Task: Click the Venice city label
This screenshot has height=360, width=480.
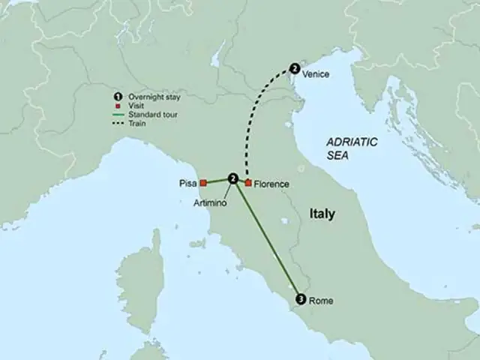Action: [x=317, y=74]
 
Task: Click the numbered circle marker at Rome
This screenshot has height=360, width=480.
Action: [x=301, y=298]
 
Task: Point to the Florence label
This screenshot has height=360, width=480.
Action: [x=271, y=183]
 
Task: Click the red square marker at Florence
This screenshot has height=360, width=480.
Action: [x=248, y=182]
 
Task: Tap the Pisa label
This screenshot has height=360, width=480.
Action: [x=188, y=182]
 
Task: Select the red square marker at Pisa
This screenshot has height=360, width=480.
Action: [x=202, y=181]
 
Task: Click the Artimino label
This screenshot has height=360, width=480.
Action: [x=208, y=202]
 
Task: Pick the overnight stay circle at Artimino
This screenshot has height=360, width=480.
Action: [x=233, y=178]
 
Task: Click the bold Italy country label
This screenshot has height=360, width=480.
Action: [x=322, y=214]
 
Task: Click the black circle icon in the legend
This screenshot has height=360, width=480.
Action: [x=117, y=97]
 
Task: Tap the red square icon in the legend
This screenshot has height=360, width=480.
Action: [x=117, y=106]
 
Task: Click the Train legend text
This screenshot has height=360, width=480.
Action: [x=136, y=123]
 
